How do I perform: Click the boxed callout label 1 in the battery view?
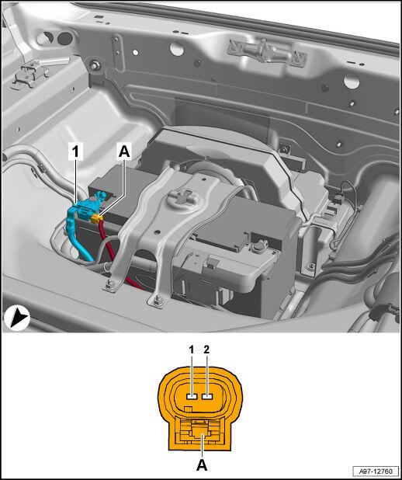(75, 152)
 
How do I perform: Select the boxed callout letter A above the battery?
(124, 152)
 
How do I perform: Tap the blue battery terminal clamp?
(89, 204)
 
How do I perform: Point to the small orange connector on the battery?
(97, 218)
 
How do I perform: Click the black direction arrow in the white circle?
(17, 318)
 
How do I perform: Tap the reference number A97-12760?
(376, 471)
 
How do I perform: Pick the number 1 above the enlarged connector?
(192, 350)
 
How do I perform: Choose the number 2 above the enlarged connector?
(206, 350)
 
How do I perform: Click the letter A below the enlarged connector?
(201, 465)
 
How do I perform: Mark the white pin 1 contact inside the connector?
(192, 397)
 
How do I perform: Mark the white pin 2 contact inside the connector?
(207, 397)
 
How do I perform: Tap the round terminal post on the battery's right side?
(259, 245)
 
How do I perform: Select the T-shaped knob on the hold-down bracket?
(182, 196)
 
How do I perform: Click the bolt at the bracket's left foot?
(109, 285)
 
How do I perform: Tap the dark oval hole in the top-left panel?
(65, 38)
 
